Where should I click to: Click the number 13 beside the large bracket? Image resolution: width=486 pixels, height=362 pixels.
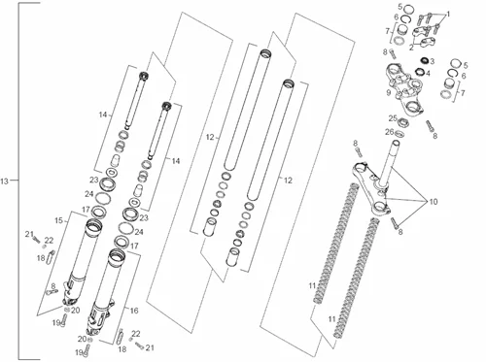[4, 181]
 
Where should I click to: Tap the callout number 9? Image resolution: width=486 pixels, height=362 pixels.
[389, 93]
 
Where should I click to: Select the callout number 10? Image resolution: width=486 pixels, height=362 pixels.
[434, 202]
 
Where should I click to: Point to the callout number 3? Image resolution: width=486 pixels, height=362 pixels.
[432, 61]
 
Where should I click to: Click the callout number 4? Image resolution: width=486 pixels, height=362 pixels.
[428, 74]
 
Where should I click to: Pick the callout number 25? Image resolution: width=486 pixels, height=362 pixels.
[393, 118]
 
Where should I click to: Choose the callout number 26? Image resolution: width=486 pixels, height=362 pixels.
[389, 132]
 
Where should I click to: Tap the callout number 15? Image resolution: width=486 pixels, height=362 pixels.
[58, 220]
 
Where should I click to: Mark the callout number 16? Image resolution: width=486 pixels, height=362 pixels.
[134, 311]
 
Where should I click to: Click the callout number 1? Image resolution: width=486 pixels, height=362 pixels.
[448, 15]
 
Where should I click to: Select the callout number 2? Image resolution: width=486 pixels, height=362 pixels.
[411, 48]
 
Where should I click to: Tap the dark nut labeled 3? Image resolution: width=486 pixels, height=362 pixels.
[424, 60]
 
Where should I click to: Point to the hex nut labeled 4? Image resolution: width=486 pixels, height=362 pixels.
[420, 72]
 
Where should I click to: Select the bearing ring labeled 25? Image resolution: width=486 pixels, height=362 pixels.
[403, 122]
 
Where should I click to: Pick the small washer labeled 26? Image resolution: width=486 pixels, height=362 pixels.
[400, 133]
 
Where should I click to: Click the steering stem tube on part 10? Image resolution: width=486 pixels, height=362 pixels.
[389, 163]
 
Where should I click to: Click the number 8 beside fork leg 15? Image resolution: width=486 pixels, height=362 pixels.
[53, 286]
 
